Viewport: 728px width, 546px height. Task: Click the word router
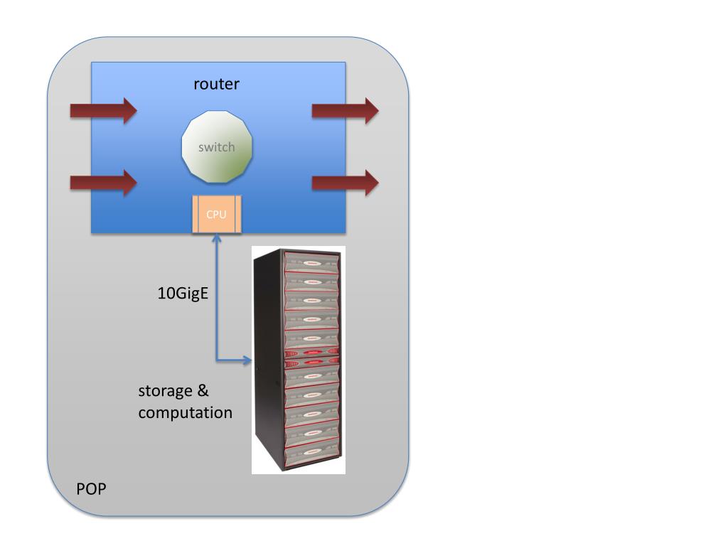coord(217,84)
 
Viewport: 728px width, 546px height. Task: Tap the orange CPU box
coord(216,214)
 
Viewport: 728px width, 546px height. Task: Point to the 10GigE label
coord(183,292)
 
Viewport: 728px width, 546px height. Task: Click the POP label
coord(91,489)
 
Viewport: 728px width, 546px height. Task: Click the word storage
coord(165,391)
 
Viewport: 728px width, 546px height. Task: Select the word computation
coord(185,412)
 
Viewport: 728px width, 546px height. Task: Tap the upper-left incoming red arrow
coord(103,110)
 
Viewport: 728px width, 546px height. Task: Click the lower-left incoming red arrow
coord(103,183)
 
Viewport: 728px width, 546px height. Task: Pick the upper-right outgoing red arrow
coord(346,110)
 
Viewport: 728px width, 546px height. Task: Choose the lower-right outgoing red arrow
coord(346,183)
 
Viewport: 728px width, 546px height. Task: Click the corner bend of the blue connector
coord(216,360)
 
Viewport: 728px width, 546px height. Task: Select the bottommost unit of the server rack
coord(310,452)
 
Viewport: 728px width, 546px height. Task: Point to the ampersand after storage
coord(202,391)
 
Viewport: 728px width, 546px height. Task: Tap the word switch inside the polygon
coord(216,148)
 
